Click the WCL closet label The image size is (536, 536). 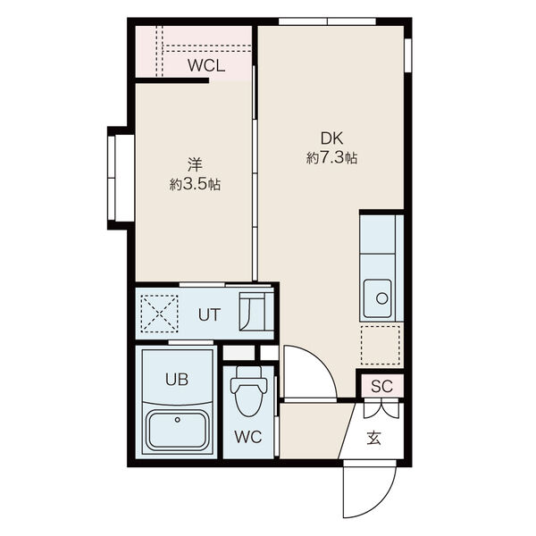[x=206, y=65]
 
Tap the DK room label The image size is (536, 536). [x=331, y=138]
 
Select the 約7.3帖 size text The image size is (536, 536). [x=331, y=158]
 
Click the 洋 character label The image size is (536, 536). [x=195, y=164]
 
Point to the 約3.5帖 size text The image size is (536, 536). [x=195, y=185]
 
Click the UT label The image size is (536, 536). [x=210, y=314]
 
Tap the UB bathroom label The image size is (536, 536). [x=177, y=379]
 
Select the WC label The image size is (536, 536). [x=248, y=437]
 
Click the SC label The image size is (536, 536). [x=381, y=386]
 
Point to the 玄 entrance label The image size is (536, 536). [x=374, y=438]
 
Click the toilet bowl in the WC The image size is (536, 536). [x=248, y=391]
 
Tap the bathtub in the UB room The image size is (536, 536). [x=178, y=431]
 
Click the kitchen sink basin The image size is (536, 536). [x=377, y=298]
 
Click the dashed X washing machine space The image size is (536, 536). [x=159, y=314]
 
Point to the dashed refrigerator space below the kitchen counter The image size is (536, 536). [x=381, y=345]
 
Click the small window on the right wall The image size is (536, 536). [x=408, y=55]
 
